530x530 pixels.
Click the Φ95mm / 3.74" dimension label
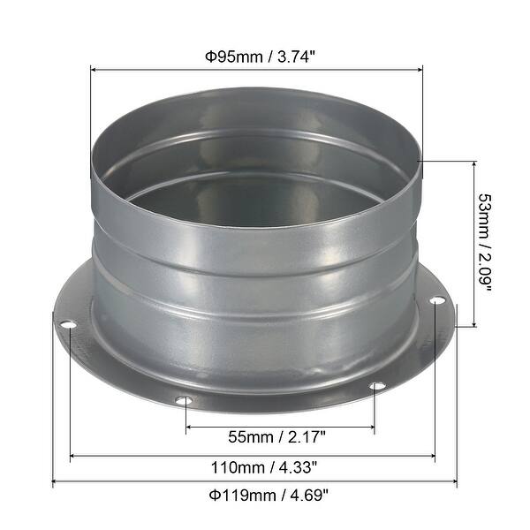point(255,57)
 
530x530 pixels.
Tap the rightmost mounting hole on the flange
point(436,302)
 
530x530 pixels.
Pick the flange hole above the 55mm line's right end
point(377,386)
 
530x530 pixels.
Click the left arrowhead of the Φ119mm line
point(57,482)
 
